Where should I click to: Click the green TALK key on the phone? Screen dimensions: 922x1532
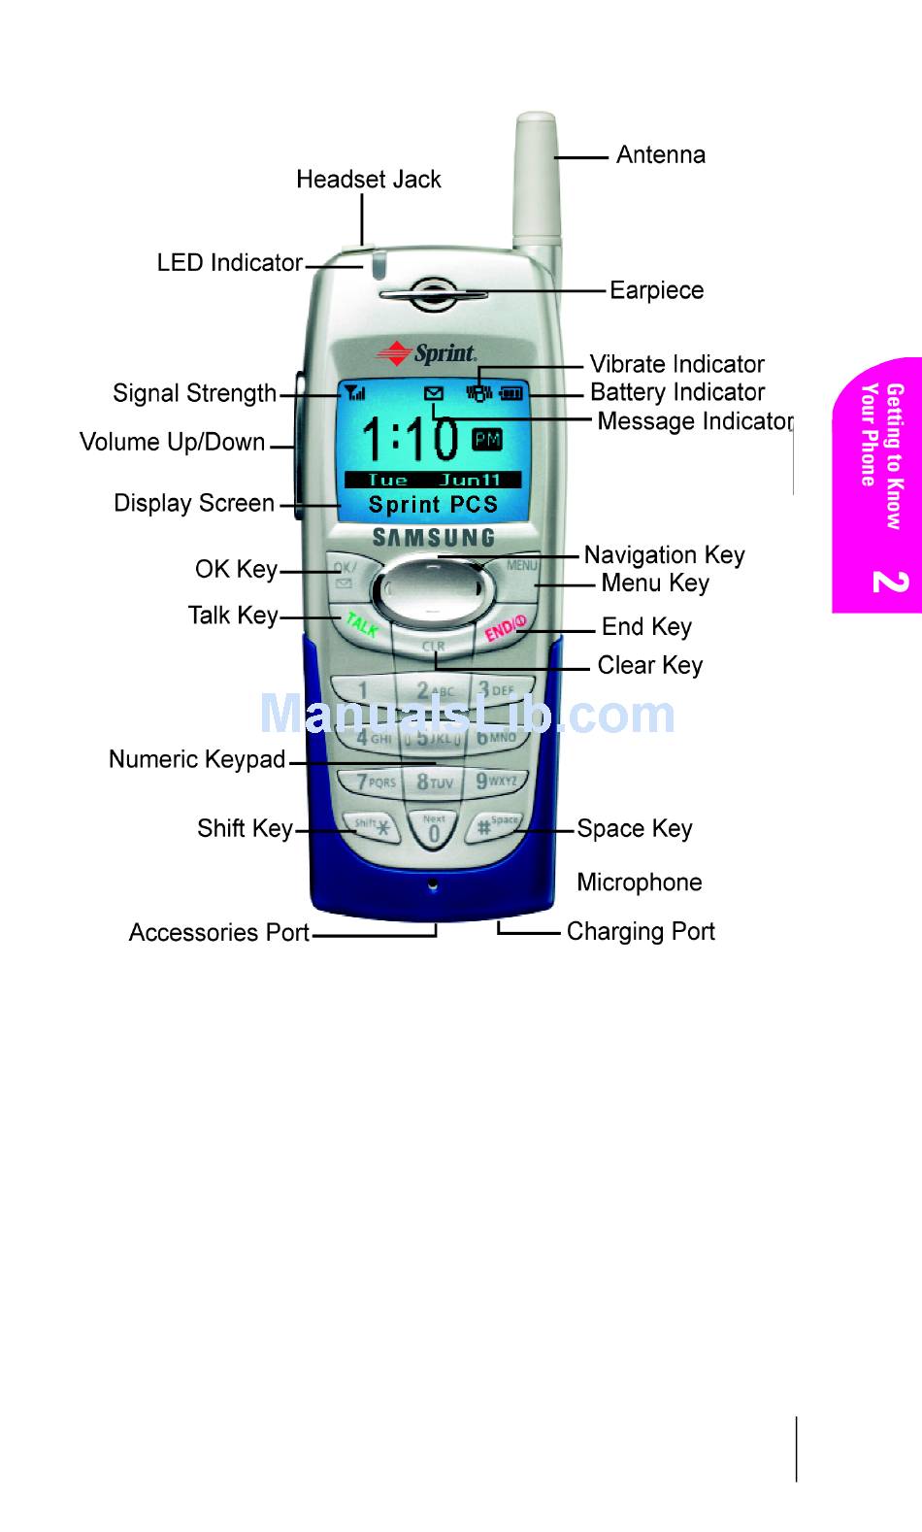[361, 625]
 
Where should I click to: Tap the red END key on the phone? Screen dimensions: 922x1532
[505, 628]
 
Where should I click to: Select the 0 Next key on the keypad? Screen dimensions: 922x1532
[434, 830]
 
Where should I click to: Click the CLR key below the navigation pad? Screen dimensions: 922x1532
[433, 647]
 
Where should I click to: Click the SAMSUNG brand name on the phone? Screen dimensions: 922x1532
[433, 537]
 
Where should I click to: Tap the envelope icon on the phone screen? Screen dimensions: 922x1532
[434, 393]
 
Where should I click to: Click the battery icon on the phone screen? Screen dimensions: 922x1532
[510, 393]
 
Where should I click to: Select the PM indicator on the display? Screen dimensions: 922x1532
[487, 440]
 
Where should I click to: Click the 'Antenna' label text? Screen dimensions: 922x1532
[660, 155]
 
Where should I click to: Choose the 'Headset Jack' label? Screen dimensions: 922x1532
[368, 180]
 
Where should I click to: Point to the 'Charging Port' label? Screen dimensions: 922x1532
[641, 932]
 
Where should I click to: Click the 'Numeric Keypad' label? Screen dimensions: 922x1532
[197, 759]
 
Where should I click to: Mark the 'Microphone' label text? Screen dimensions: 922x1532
[639, 883]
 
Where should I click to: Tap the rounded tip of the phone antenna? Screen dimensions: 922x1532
[536, 123]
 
